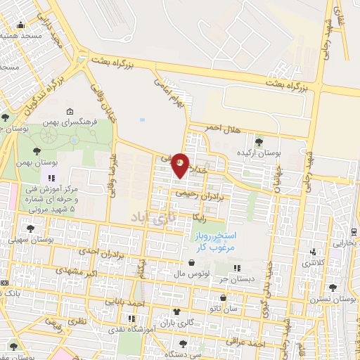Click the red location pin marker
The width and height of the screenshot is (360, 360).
click(x=181, y=165)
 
